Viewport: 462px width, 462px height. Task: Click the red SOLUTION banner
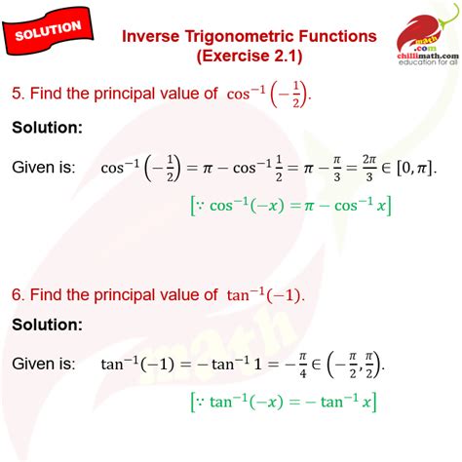point(49,29)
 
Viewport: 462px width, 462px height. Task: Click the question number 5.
point(17,94)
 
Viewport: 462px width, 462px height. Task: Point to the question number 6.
point(17,294)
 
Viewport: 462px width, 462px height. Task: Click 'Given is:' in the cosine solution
point(44,168)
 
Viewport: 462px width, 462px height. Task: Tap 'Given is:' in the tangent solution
point(44,364)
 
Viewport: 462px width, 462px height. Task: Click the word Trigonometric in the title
point(234,36)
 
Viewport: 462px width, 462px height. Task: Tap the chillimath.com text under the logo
point(427,57)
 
